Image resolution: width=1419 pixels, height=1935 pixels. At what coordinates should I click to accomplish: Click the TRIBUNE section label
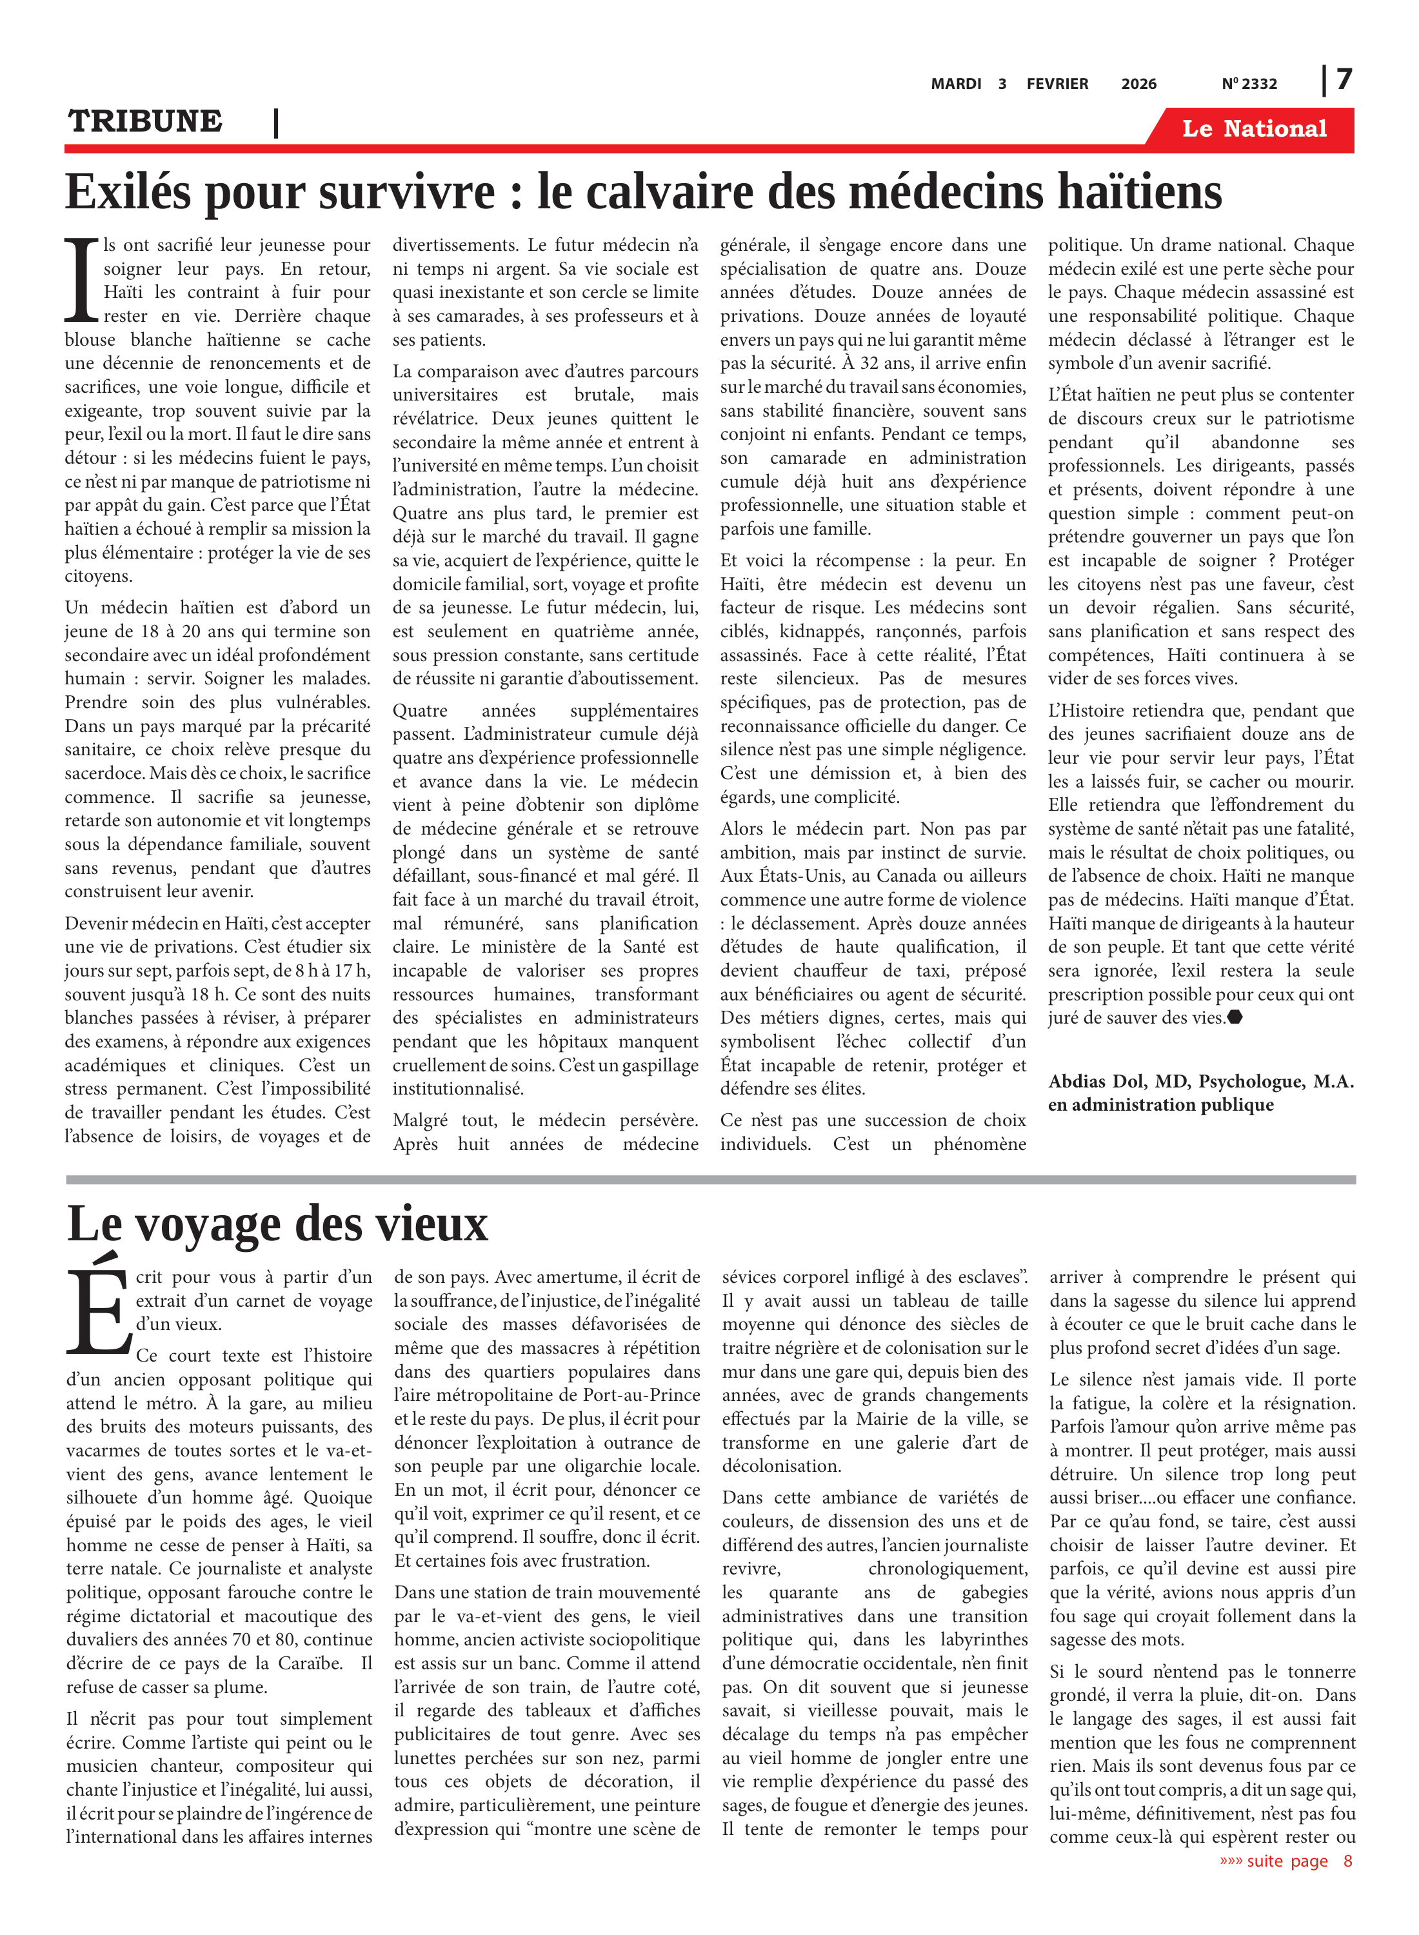145,121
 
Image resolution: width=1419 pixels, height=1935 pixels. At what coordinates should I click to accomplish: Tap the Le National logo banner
1253,129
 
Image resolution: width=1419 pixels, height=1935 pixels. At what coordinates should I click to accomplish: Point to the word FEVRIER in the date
1057,84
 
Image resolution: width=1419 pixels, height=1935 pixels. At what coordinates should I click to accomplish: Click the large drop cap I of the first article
83,280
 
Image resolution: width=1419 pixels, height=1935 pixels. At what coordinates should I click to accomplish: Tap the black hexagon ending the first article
1235,1018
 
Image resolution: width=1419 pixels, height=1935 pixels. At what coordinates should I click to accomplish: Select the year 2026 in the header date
1138,84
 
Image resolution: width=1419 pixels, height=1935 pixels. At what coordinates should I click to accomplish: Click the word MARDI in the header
956,84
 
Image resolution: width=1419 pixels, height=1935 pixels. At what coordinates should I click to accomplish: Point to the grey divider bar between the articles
710,1180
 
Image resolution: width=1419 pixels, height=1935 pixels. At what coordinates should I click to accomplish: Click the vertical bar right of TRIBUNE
275,123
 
